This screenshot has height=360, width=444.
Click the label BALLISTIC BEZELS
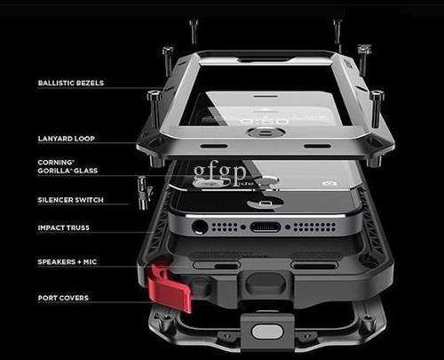coord(71,83)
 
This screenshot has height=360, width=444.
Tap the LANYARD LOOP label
coord(67,139)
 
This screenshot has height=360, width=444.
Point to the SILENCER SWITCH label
coord(71,200)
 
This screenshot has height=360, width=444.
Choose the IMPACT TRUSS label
coord(64,228)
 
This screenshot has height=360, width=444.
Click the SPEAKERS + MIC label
coord(67,262)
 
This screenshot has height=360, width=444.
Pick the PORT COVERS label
coord(63,298)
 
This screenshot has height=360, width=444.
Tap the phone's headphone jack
coord(200,228)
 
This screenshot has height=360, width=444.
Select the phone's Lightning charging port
coord(266,228)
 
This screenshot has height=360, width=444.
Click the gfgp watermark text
coord(219,172)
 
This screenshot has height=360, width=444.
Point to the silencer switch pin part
coord(144,193)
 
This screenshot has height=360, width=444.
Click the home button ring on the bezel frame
coord(266,132)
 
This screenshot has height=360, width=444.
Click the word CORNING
coord(55,163)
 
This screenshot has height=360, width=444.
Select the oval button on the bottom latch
coord(266,331)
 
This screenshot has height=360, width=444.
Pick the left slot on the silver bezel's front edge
coord(214,146)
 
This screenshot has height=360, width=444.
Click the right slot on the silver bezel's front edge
coord(317,146)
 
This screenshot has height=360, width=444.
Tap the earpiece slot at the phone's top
coord(266,96)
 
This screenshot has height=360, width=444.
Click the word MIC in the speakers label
coord(90,262)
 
